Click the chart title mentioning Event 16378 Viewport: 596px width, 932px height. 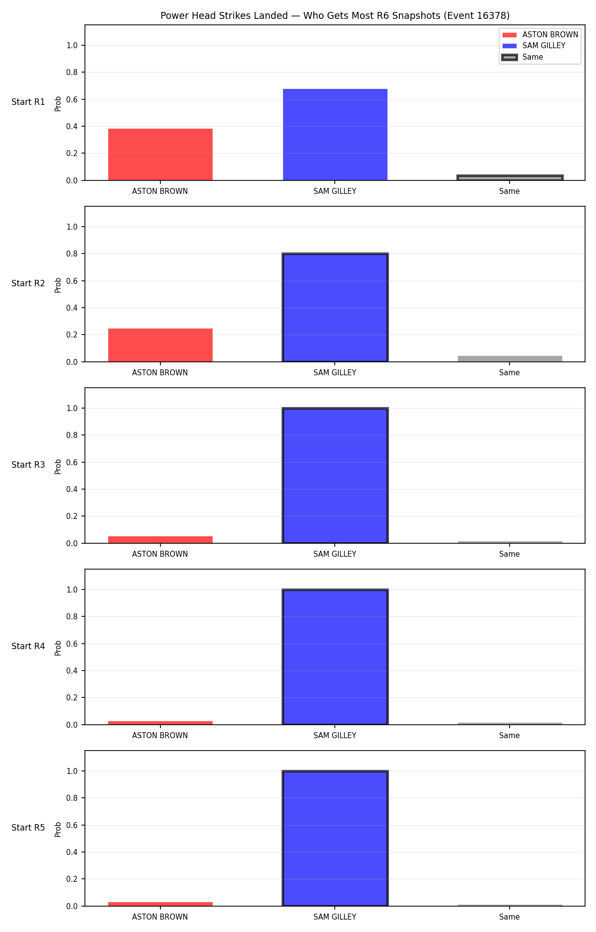[335, 16]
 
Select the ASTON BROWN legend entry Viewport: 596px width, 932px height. [540, 35]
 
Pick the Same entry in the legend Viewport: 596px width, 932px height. [522, 57]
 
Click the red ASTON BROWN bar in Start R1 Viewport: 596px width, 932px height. [160, 155]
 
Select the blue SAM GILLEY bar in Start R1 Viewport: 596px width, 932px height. [335, 135]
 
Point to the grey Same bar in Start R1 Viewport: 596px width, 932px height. [510, 177]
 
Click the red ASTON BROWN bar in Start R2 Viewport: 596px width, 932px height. [160, 345]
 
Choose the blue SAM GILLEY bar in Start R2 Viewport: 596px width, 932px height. [335, 308]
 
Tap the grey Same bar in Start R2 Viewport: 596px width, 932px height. [510, 359]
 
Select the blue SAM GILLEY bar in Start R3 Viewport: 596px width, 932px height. [335, 476]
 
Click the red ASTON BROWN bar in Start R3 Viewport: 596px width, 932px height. [160, 540]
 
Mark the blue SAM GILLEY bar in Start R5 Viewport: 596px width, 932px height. [335, 839]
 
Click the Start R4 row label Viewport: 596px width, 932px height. [28, 646]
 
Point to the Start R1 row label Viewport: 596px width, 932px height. [28, 102]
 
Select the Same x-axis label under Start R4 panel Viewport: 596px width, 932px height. [510, 736]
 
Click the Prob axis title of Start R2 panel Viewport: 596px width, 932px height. [58, 285]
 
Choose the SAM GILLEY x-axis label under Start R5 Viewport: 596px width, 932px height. [335, 917]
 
